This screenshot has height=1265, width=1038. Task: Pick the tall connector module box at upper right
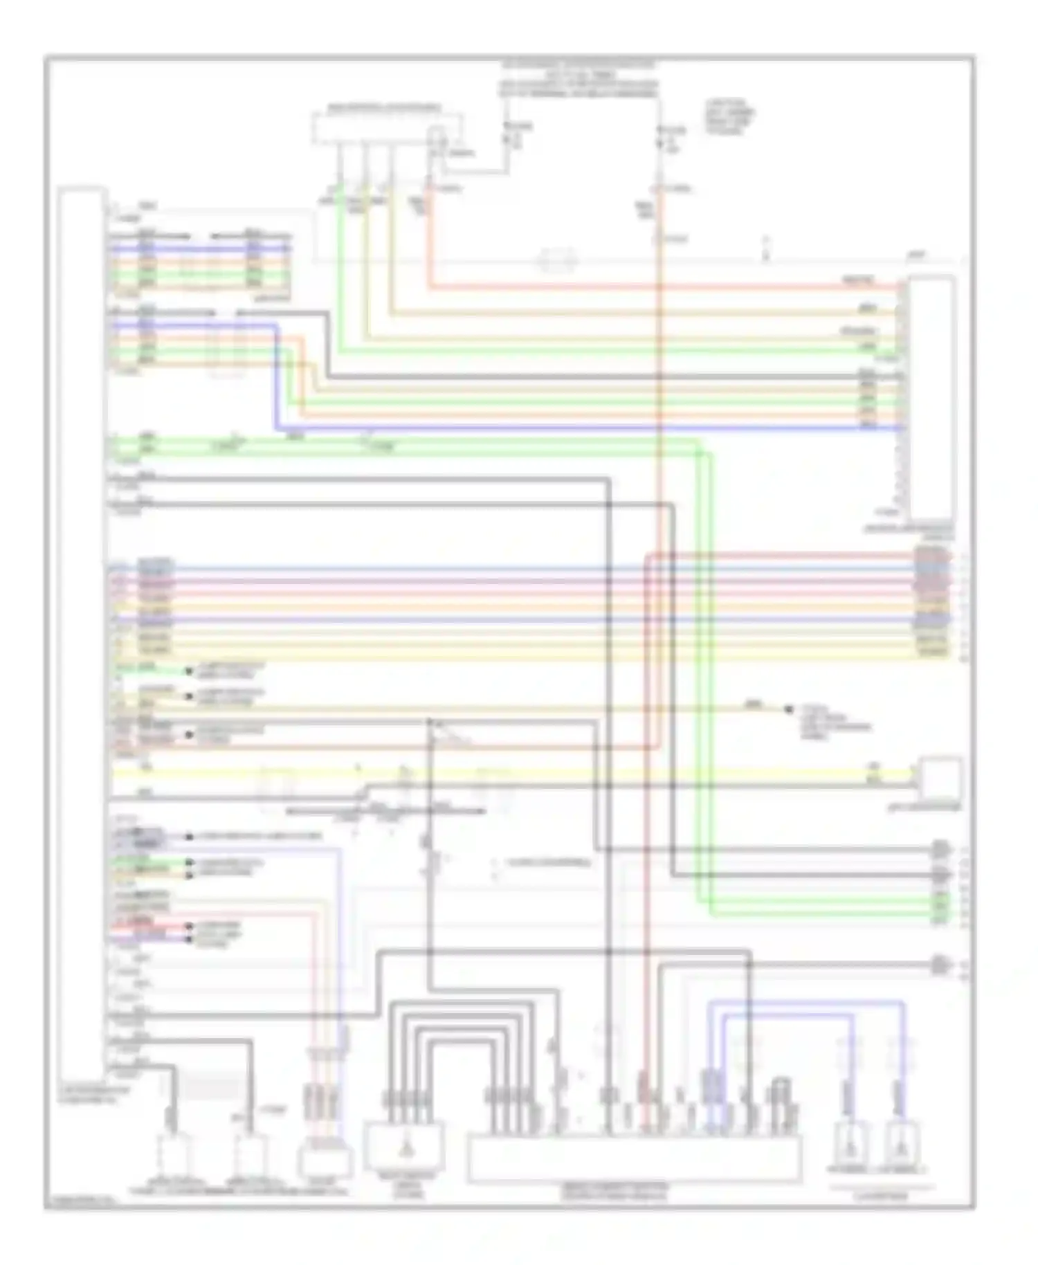[931, 398]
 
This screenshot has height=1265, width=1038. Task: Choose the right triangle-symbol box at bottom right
[904, 1146]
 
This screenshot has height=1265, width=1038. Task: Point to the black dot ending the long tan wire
[787, 709]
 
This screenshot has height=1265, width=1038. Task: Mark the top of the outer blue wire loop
[803, 1001]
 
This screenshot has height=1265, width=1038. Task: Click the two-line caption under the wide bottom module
[635, 1192]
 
